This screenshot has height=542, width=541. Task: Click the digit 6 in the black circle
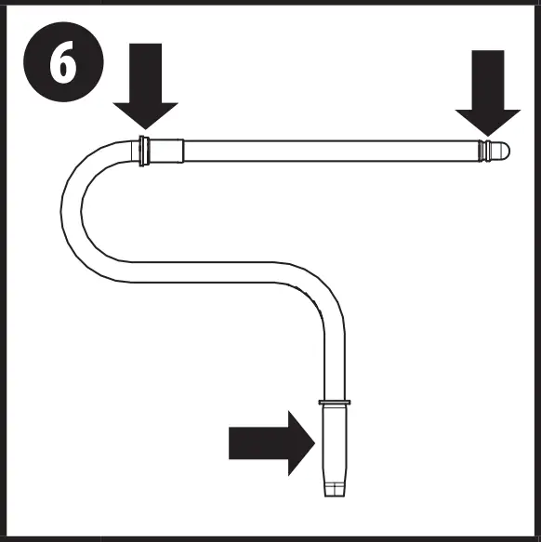click(63, 62)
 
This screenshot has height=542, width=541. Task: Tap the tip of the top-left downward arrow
click(145, 129)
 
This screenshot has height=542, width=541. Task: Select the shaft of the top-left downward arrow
click(146, 73)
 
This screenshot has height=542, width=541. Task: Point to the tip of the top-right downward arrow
click(488, 136)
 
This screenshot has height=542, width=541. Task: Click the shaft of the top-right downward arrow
click(488, 80)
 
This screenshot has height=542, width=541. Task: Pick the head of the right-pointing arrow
click(301, 443)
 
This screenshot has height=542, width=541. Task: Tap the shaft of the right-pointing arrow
click(258, 443)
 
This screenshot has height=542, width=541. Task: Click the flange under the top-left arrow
click(144, 151)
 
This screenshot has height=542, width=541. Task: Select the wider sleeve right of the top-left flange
click(166, 151)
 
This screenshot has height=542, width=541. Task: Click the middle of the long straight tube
click(331, 151)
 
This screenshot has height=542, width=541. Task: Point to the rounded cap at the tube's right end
click(500, 151)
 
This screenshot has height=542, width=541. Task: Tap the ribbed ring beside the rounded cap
click(485, 151)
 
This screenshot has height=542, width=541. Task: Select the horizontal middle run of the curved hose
click(204, 272)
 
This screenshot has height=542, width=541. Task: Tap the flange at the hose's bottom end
click(335, 403)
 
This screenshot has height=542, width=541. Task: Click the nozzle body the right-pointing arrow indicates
click(335, 444)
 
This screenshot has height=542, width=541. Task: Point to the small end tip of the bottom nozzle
click(335, 490)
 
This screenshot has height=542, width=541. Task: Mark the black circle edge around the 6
click(23, 62)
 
